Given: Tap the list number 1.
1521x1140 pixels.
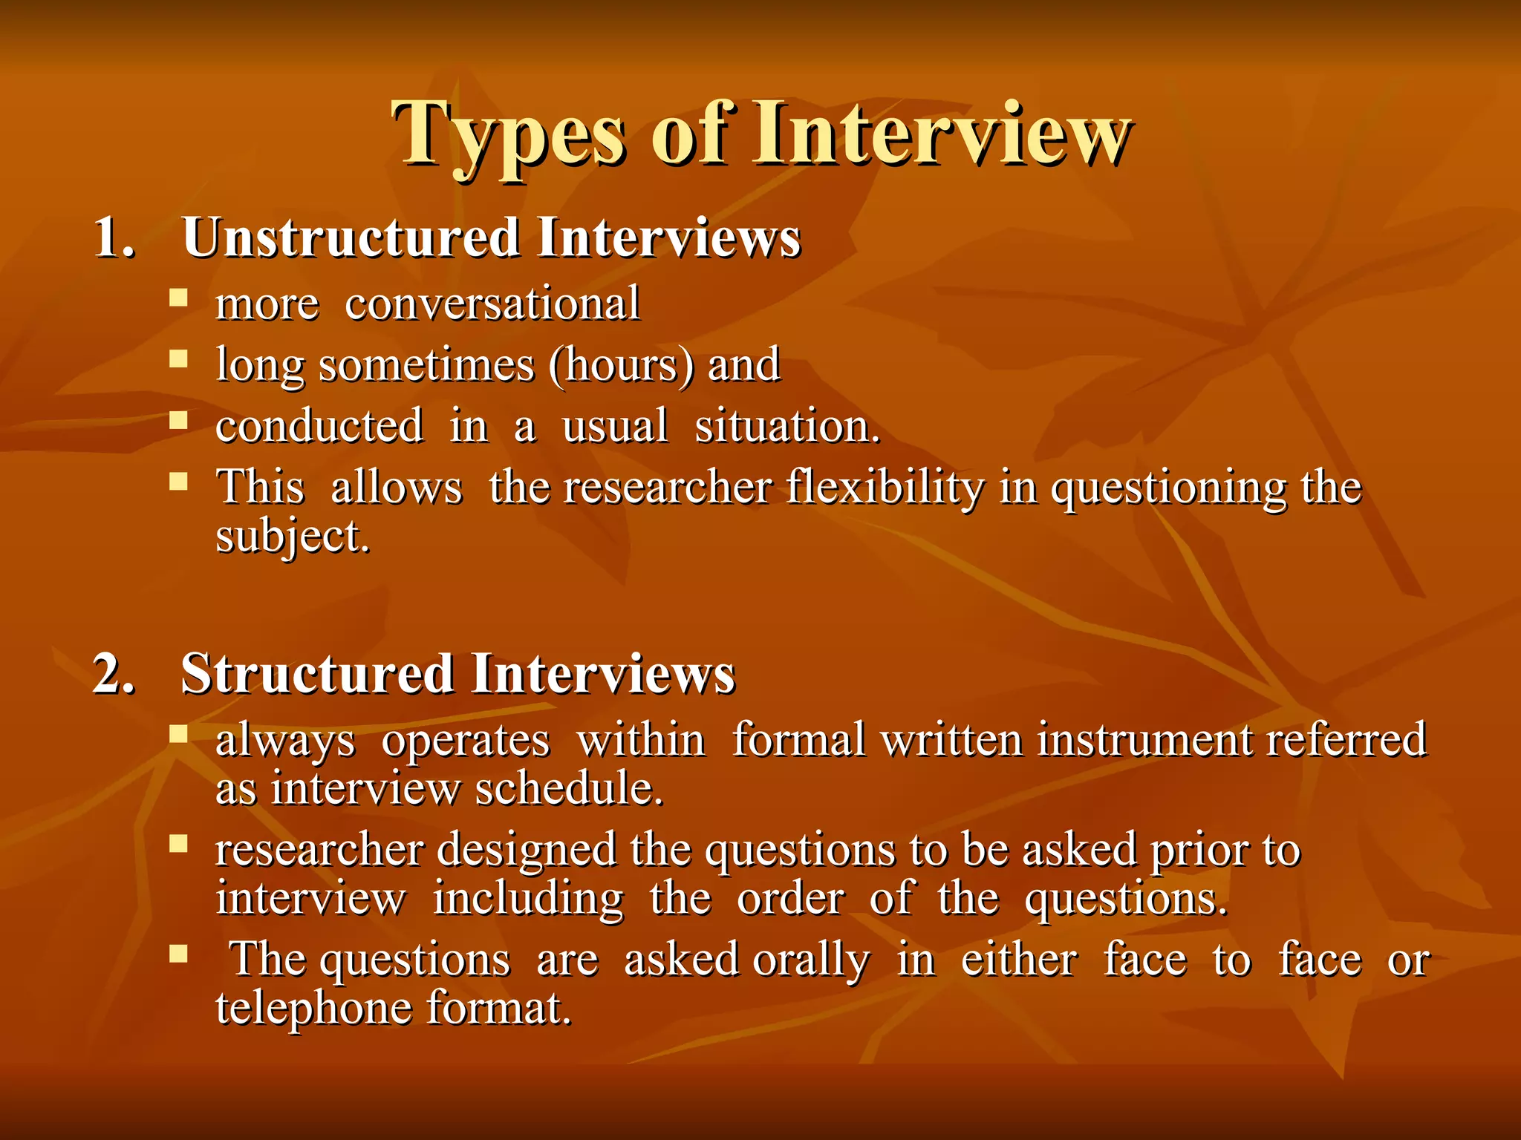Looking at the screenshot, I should coord(114,238).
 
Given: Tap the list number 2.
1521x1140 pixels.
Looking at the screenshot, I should coord(114,674).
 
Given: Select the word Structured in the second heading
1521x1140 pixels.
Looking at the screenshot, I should coord(318,674).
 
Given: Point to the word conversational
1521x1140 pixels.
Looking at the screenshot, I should coord(492,304).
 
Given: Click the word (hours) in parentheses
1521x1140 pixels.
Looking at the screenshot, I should coord(622,365).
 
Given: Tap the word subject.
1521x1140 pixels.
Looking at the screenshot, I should coord(292,537).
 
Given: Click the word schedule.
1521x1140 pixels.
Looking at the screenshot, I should coord(569,788).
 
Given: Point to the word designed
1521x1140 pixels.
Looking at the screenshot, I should coord(527,850).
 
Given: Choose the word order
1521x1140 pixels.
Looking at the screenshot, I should coord(790,899).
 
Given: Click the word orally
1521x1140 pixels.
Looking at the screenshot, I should coord(810,960).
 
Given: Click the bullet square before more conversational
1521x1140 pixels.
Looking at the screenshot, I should coord(178,298).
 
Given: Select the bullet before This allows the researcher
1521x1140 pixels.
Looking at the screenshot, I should coord(178,482).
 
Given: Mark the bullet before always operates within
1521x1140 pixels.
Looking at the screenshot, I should coord(178,735).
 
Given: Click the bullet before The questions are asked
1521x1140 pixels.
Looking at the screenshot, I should coord(178,954).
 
